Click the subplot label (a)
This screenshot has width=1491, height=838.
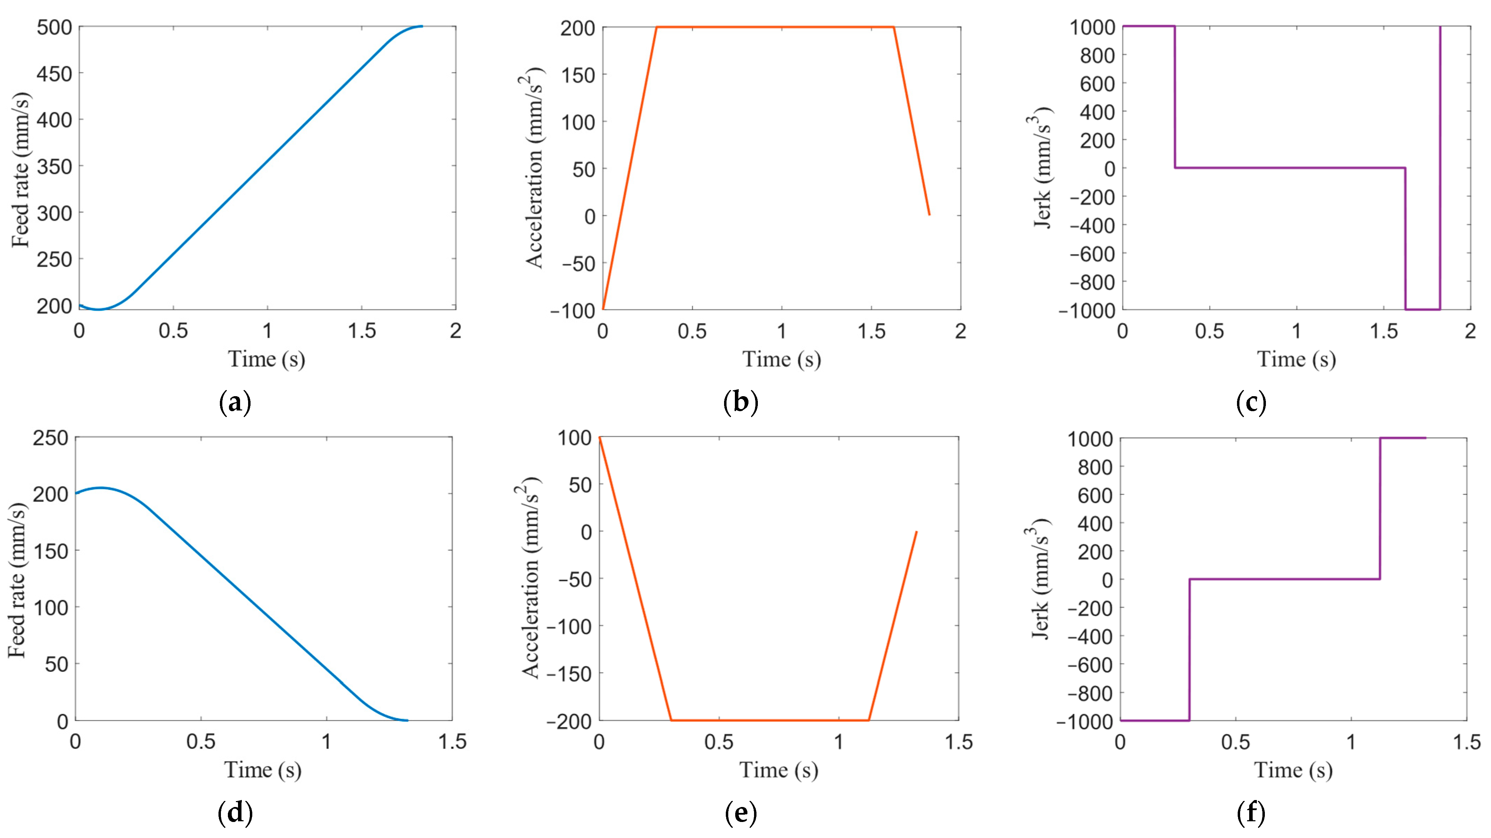pyautogui.click(x=235, y=402)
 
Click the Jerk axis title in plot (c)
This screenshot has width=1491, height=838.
pyautogui.click(x=1042, y=168)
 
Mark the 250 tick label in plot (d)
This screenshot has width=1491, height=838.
pyautogui.click(x=51, y=438)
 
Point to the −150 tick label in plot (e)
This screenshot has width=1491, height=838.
pyautogui.click(x=569, y=674)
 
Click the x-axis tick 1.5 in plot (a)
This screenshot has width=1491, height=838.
pyautogui.click(x=362, y=331)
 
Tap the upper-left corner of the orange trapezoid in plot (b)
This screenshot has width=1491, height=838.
pyautogui.click(x=656, y=27)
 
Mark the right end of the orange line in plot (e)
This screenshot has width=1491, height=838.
pyautogui.click(x=916, y=532)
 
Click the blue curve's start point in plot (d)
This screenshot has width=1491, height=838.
pyautogui.click(x=76, y=494)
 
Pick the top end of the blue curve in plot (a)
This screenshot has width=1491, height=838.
pyautogui.click(x=422, y=26)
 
